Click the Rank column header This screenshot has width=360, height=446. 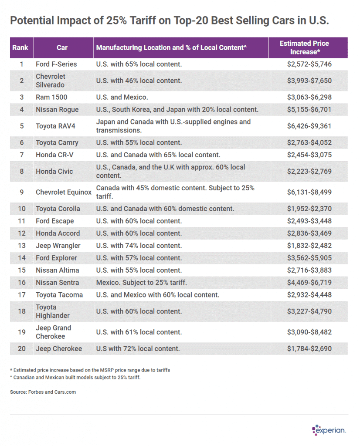(x=20, y=47)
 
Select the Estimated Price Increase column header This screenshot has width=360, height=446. (x=304, y=47)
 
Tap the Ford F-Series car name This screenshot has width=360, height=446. (x=56, y=64)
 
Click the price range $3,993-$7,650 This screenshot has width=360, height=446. (x=309, y=81)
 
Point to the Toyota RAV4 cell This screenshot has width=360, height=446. (x=55, y=126)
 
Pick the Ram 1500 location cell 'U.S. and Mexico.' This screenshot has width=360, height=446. (x=122, y=97)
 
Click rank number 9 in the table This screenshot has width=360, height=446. (x=22, y=192)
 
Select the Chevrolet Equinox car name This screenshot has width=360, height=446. (x=64, y=192)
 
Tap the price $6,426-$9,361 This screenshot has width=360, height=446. (x=309, y=126)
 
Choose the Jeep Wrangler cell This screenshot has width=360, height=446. (x=58, y=246)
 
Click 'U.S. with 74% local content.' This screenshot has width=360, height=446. (x=139, y=246)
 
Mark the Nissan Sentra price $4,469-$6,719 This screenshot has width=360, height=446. (x=309, y=282)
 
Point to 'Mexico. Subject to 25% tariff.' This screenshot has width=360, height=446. (x=142, y=282)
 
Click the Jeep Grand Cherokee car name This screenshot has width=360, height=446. (x=54, y=332)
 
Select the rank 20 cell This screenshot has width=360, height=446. (x=22, y=348)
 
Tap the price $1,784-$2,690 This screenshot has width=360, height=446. (x=309, y=348)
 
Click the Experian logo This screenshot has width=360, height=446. (x=329, y=430)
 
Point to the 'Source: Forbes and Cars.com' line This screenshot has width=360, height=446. (x=43, y=392)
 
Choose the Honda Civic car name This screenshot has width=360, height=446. (x=54, y=171)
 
